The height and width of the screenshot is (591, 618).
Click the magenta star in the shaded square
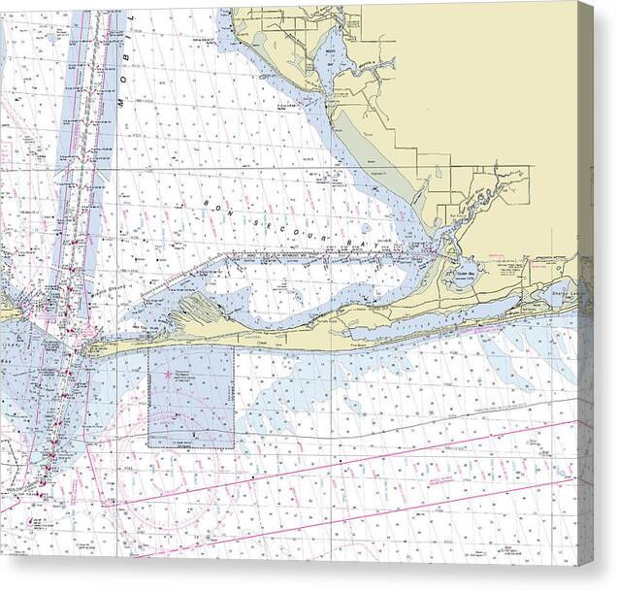tap(167, 374)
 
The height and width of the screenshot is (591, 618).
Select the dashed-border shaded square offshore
tap(190, 398)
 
